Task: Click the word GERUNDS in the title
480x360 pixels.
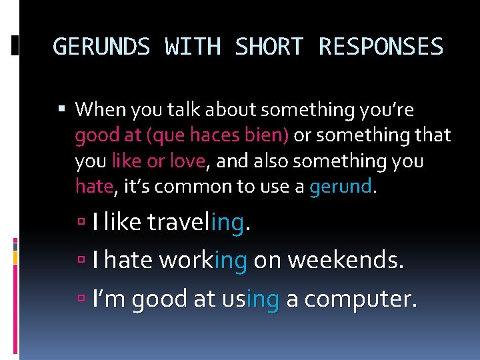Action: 102,47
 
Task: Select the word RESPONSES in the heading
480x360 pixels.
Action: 381,47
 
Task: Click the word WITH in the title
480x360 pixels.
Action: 193,47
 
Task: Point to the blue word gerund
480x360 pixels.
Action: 340,187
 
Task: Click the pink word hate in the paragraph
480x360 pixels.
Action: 94,187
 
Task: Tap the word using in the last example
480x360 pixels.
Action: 250,300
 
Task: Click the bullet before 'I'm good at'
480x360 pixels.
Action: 81,300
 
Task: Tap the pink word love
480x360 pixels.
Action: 189,161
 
